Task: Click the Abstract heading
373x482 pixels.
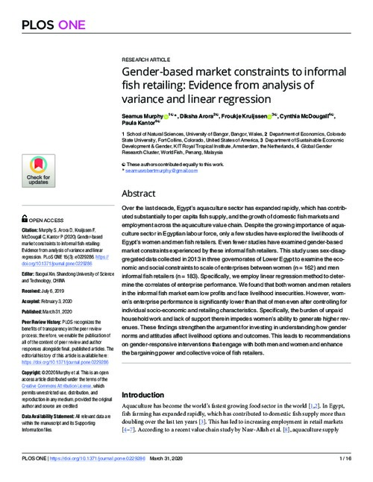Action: click(139, 193)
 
